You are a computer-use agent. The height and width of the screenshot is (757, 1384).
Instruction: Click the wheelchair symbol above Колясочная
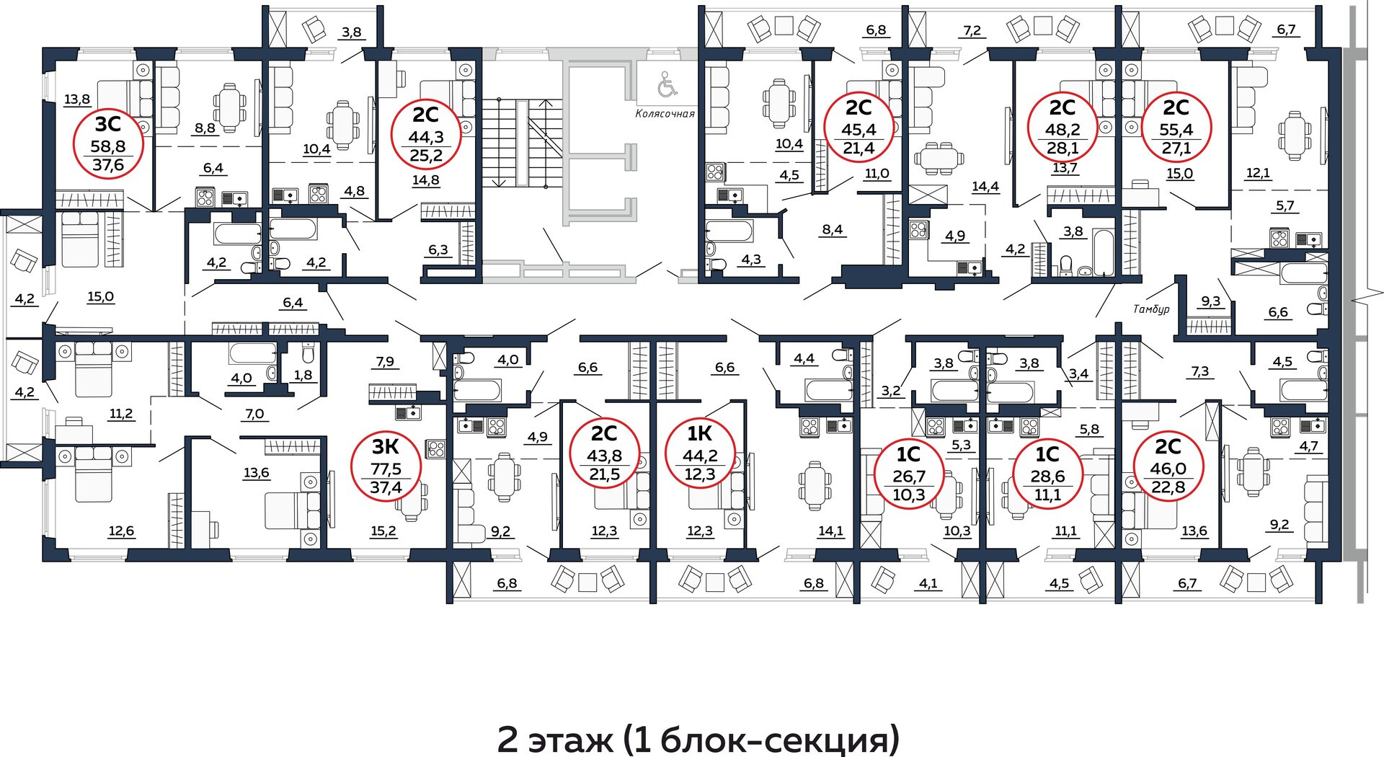coord(667,87)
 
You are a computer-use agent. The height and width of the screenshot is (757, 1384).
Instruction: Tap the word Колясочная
coord(665,113)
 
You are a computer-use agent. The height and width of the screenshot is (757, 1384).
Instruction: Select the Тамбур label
coord(1151,309)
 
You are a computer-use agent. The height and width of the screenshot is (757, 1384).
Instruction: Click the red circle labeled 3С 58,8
coord(110,143)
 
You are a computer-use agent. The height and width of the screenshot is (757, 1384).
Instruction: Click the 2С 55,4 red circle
coord(1176,128)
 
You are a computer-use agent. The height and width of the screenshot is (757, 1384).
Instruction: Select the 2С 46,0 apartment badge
coord(1168,465)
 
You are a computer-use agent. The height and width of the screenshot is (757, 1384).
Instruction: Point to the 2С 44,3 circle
coord(425,133)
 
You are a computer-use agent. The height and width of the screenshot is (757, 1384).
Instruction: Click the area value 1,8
coord(304,375)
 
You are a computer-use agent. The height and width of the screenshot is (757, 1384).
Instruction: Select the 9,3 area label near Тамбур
coord(1211,301)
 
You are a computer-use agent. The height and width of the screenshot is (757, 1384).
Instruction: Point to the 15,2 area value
coord(383,531)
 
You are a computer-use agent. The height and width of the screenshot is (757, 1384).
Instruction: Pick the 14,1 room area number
coord(830,531)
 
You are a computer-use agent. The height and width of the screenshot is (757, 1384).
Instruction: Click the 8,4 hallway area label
coord(832,230)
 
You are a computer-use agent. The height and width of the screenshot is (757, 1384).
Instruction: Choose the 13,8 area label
coord(77,100)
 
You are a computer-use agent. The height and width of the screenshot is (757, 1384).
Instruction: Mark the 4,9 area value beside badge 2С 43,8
coord(537,437)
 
